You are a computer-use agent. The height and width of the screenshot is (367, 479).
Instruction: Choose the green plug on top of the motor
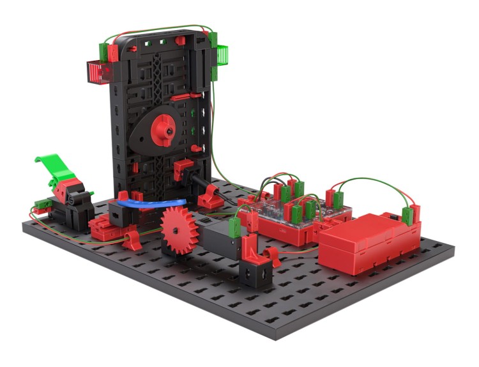click(x=234, y=226)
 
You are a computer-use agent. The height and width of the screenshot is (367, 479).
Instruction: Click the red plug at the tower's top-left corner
click(x=112, y=52)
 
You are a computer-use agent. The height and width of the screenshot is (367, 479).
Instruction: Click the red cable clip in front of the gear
click(x=133, y=241)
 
